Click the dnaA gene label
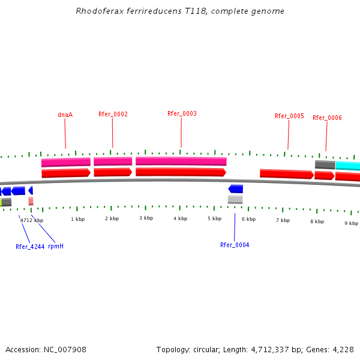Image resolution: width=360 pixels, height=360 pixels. pos(65,115)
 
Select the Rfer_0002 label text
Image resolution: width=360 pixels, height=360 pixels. pos(113,114)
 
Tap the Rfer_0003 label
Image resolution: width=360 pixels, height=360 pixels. pos(182,113)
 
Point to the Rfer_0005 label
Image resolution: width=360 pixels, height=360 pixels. pos(289,116)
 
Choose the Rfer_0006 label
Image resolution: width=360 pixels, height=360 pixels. pos(327,118)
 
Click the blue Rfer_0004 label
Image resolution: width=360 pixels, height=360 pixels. pos(235,245)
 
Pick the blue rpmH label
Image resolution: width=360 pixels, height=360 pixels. pos(56,246)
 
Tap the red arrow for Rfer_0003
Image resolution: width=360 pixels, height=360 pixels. pos(181,172)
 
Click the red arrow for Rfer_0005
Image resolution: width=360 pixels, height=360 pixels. pos(286,174)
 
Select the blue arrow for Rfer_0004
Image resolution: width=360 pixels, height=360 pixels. pos(235,189)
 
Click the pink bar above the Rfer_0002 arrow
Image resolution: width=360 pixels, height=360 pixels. pos(113,161)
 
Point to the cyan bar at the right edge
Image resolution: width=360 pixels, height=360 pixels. pos(348,166)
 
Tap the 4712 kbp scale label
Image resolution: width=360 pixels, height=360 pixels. pos(32,220)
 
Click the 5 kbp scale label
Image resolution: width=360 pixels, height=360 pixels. pos(214,218)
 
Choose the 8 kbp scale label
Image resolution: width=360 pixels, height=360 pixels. pos(317,221)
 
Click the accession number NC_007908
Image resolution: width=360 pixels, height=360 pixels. pos(64,349)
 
